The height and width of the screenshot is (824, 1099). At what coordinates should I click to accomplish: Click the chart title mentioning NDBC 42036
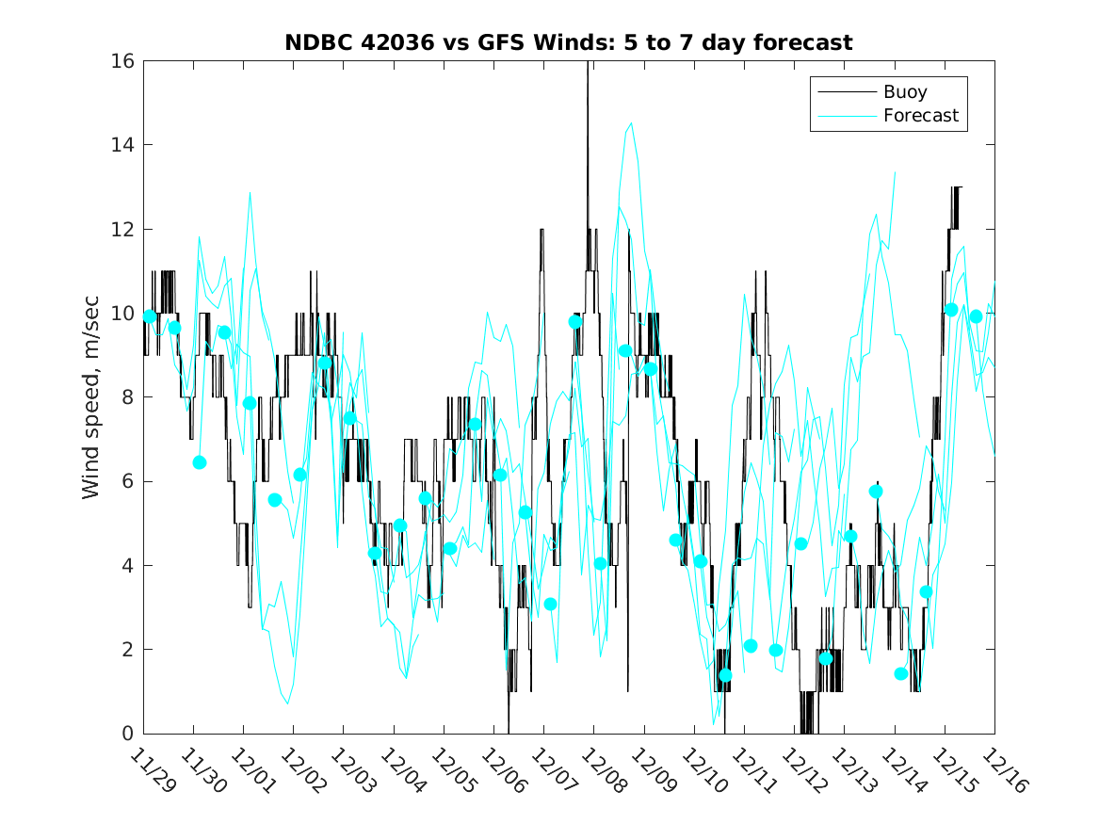click(569, 43)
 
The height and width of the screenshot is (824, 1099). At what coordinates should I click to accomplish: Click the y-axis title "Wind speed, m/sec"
click(90, 397)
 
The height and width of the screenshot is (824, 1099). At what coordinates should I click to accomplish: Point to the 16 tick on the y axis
click(123, 61)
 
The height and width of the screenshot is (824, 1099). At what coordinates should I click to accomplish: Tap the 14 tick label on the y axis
click(123, 145)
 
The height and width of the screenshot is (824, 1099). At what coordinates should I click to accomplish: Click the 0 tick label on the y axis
click(128, 734)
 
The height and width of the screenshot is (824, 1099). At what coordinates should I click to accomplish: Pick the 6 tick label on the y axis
click(128, 481)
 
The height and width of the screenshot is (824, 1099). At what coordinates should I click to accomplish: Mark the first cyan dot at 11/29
click(149, 316)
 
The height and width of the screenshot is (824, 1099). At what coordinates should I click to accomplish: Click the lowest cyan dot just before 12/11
click(725, 675)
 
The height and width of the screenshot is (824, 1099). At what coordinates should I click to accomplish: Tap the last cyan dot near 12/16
click(976, 316)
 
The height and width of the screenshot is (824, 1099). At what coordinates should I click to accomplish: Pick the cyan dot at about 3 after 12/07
click(550, 604)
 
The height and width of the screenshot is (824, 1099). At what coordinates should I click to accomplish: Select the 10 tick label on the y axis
click(123, 313)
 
